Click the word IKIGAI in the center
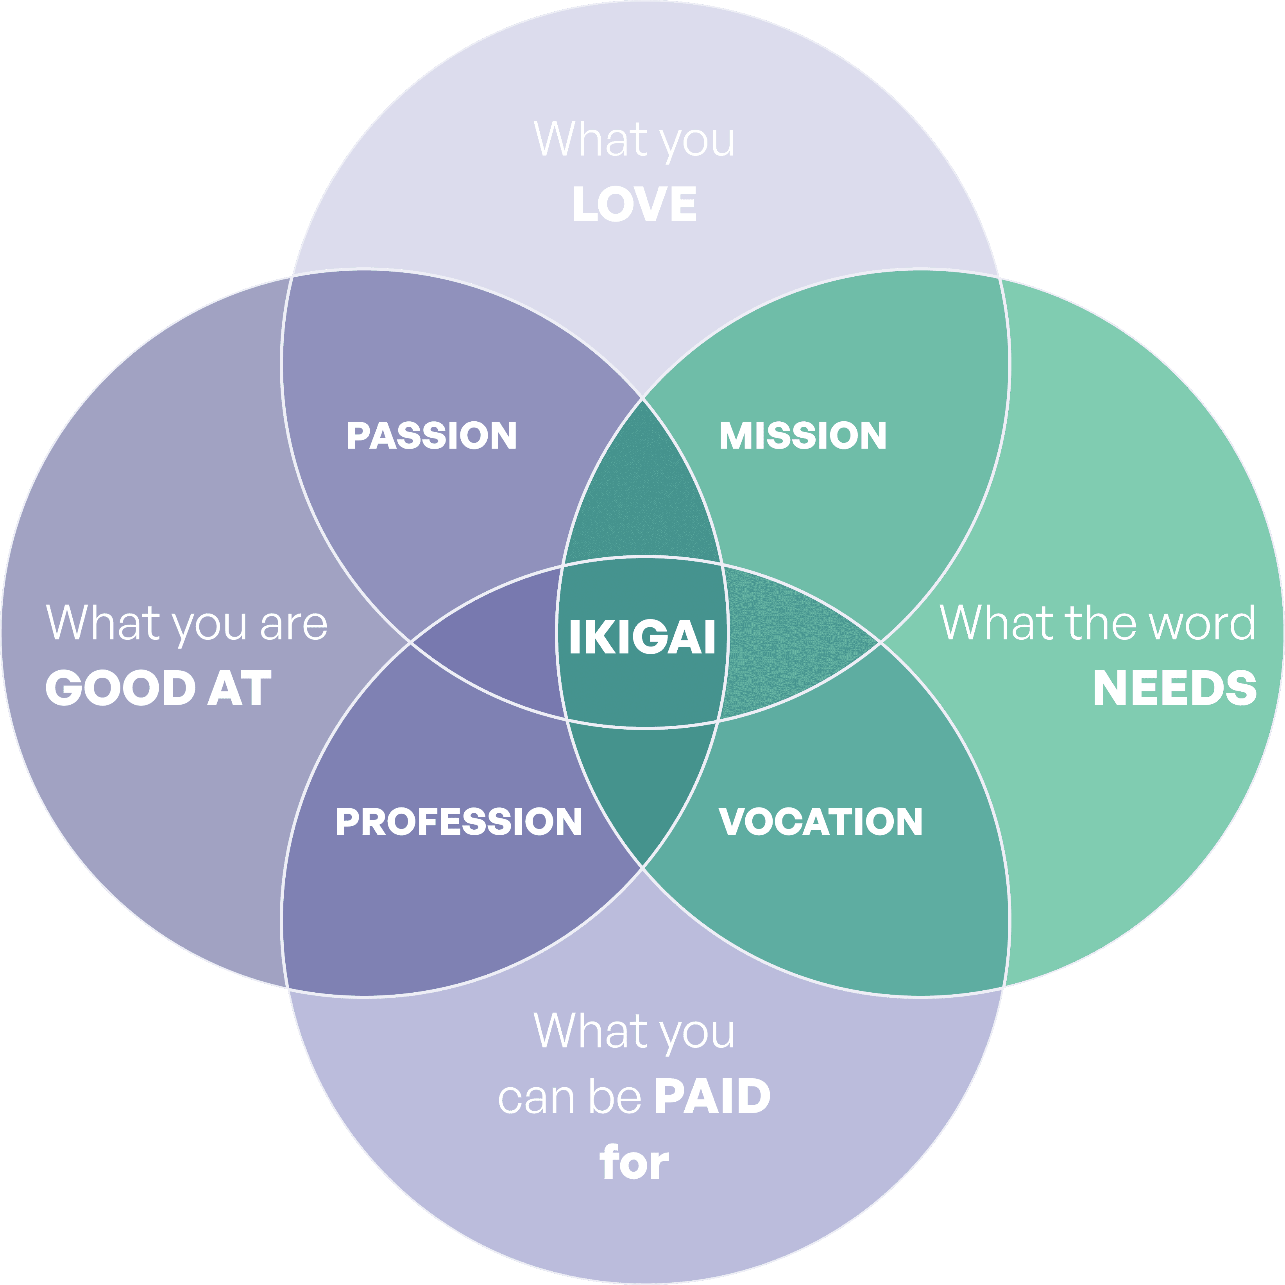coord(642,637)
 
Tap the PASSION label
coord(432,436)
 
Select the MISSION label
coord(803,436)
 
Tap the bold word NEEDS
coord(1174,688)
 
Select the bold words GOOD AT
coord(158,688)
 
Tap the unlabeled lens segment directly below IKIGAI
coord(642,778)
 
